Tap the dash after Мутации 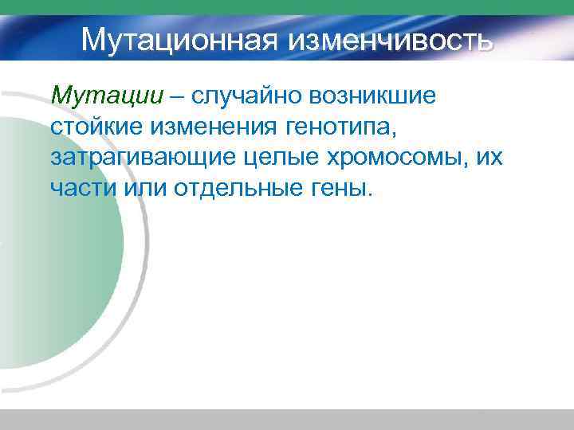pyautogui.click(x=179, y=96)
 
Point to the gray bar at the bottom pyautogui.click(x=287, y=420)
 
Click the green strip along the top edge pyautogui.click(x=287, y=7)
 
